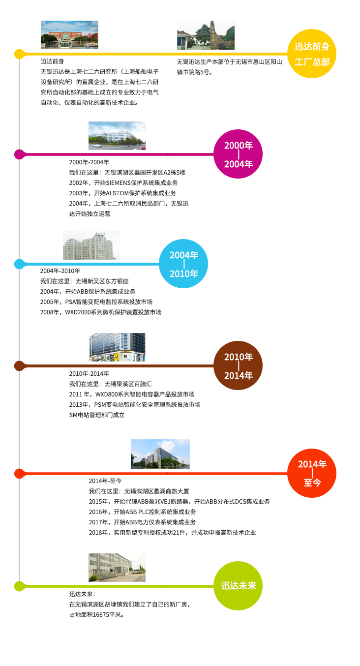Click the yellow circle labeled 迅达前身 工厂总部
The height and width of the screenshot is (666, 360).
(x=312, y=54)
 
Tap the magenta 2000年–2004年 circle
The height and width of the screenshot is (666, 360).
(x=238, y=154)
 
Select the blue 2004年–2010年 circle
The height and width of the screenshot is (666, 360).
(x=183, y=264)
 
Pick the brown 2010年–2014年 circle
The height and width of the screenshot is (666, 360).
(x=238, y=365)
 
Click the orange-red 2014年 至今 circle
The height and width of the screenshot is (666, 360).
(x=312, y=473)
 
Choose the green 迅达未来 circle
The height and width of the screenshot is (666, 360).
(x=238, y=586)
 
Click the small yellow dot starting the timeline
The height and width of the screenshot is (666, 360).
(x=19, y=54)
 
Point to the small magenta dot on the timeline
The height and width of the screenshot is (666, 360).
(x=19, y=154)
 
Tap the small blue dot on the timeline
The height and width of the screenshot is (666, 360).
(x=19, y=264)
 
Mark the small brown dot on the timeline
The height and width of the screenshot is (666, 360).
(x=19, y=365)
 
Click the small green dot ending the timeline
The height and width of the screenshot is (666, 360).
(x=19, y=586)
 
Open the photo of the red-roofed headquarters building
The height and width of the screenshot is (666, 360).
(x=69, y=35)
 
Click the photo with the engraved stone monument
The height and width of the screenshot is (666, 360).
(x=206, y=35)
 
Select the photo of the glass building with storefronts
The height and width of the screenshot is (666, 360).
(x=117, y=347)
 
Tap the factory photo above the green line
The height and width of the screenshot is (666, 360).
(x=117, y=567)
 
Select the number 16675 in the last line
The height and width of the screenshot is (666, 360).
(x=101, y=614)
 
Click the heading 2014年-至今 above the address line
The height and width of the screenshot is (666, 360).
(x=105, y=481)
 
